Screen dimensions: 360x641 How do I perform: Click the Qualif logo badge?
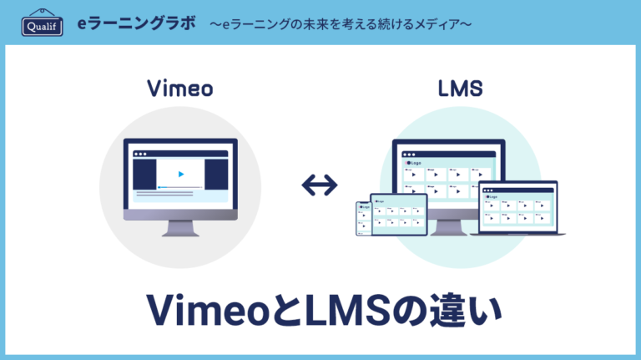coord(41,23)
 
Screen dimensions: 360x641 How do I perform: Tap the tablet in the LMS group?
coord(399,215)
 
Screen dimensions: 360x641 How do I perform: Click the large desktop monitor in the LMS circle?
coord(448,171)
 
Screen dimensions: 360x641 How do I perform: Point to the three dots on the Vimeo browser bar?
coord(140,154)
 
